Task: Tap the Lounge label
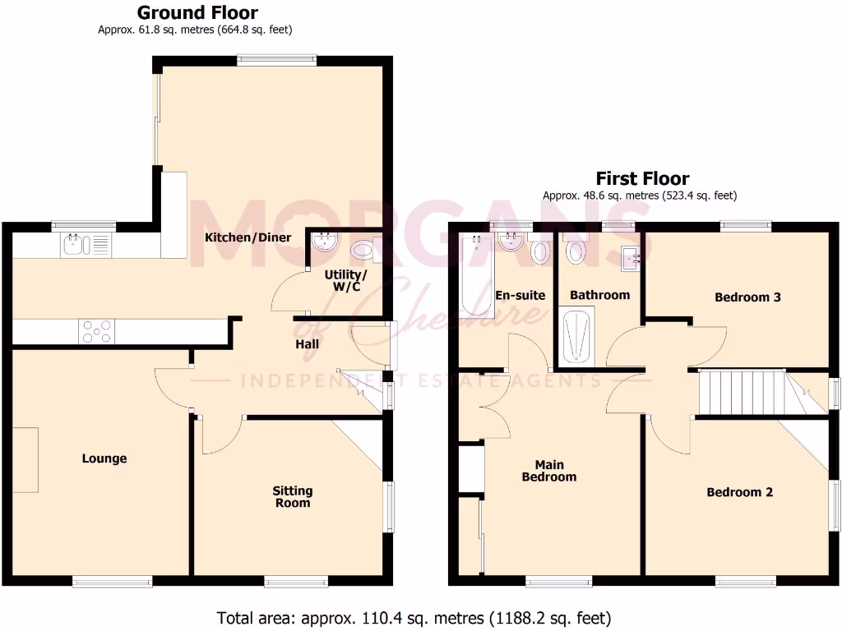click(104, 458)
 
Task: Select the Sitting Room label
click(293, 496)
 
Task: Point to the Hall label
click(308, 344)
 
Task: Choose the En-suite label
click(516, 294)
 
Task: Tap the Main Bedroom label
click(549, 471)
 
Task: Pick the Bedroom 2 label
click(740, 492)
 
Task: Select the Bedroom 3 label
click(747, 297)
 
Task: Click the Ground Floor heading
click(197, 13)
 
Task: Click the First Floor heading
click(642, 178)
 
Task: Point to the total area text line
click(414, 617)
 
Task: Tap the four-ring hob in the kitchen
click(96, 331)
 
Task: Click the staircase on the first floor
click(740, 394)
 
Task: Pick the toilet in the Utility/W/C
click(362, 248)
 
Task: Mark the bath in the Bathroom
click(576, 335)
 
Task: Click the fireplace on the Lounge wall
click(25, 459)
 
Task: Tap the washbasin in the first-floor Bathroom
click(633, 258)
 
